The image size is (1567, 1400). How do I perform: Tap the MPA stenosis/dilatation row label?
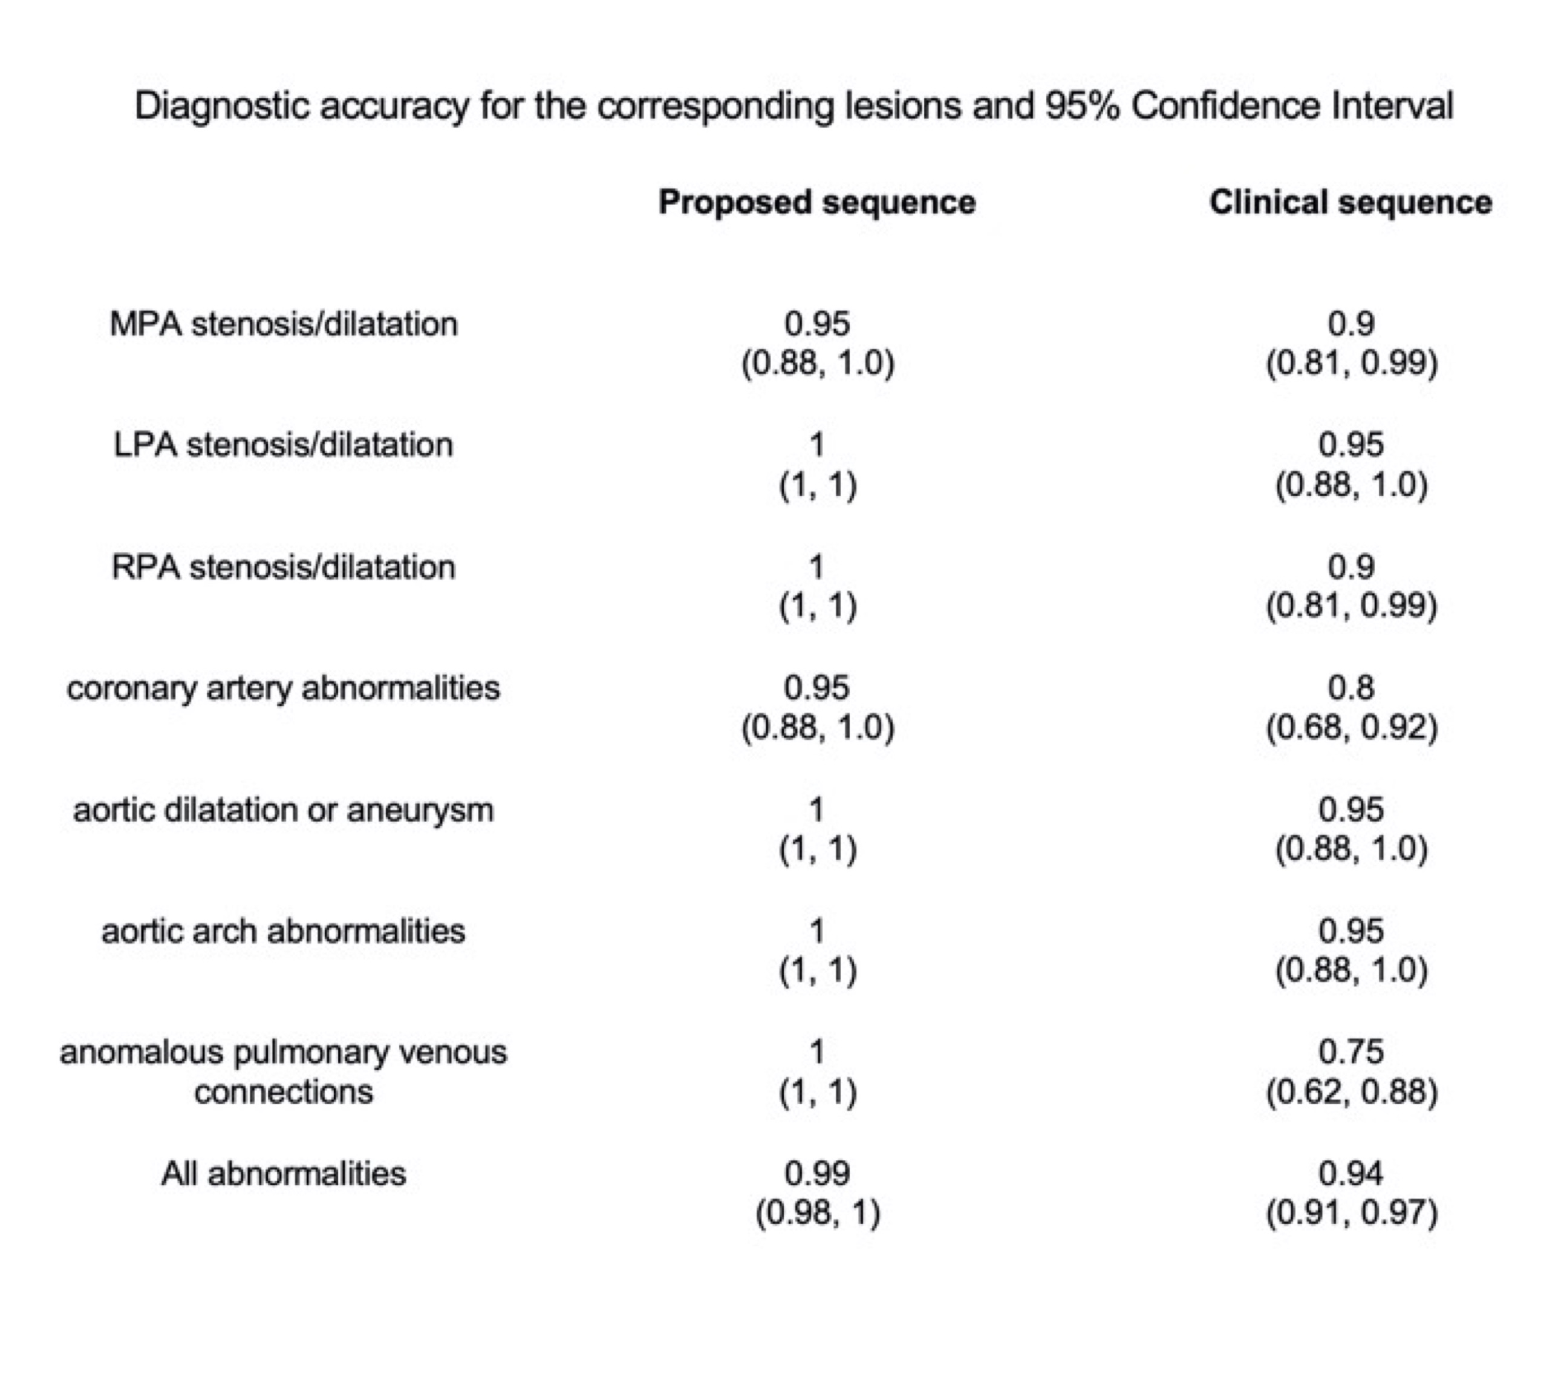[x=284, y=324]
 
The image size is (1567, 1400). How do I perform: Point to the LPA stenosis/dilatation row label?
[x=284, y=445]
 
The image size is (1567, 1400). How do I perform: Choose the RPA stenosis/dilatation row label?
[x=284, y=567]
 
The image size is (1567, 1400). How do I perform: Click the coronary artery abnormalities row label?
[x=284, y=688]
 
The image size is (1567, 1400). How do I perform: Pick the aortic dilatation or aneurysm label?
[x=284, y=810]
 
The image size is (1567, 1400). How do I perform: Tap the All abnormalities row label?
[x=284, y=1174]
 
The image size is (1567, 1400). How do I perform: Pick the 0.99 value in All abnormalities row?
[x=816, y=1174]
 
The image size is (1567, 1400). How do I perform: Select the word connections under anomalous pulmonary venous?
[x=284, y=1091]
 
